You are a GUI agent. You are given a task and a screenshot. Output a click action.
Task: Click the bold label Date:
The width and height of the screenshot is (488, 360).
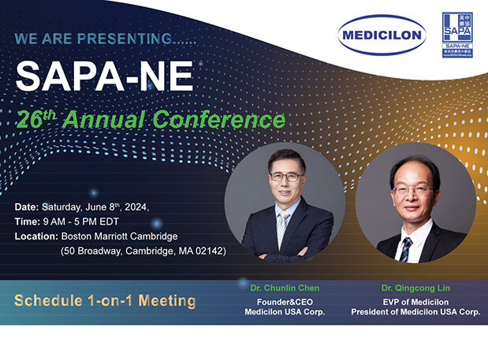(x=28, y=206)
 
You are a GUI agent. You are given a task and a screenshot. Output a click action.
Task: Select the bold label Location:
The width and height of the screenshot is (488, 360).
(x=37, y=236)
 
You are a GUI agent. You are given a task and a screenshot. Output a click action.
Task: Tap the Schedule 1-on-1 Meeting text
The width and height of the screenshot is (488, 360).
(x=105, y=301)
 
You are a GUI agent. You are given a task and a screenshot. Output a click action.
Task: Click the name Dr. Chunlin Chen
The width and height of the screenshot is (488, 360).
(x=274, y=288)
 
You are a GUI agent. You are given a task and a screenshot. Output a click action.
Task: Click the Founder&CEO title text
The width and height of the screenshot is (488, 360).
(x=275, y=302)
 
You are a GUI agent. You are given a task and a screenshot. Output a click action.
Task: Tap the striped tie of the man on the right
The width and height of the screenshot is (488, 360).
(x=405, y=247)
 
